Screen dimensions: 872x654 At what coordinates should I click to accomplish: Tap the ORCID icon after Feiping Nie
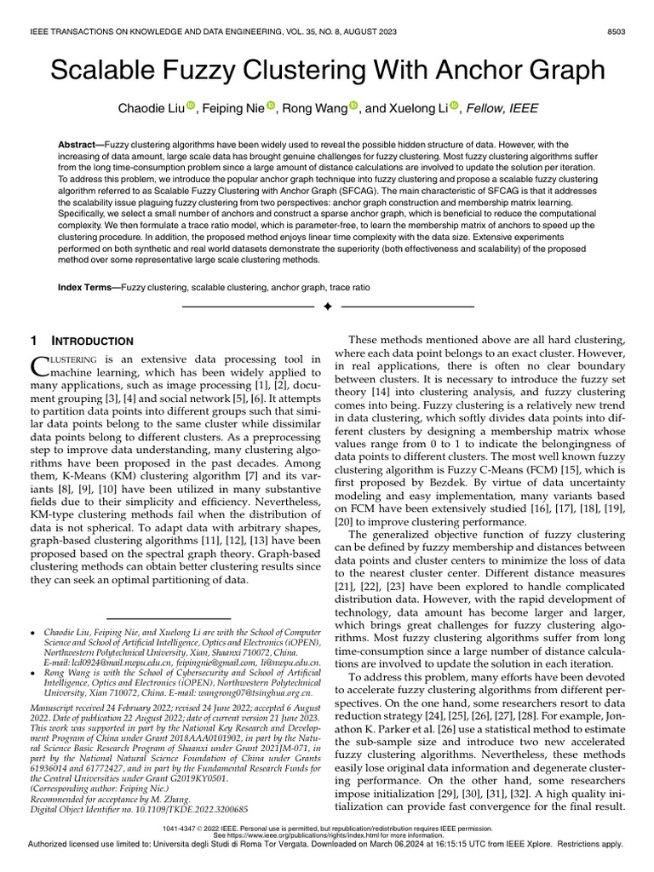tap(271, 106)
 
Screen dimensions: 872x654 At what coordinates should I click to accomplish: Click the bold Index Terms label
tap(89, 288)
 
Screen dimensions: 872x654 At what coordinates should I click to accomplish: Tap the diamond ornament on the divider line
tap(327, 306)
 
